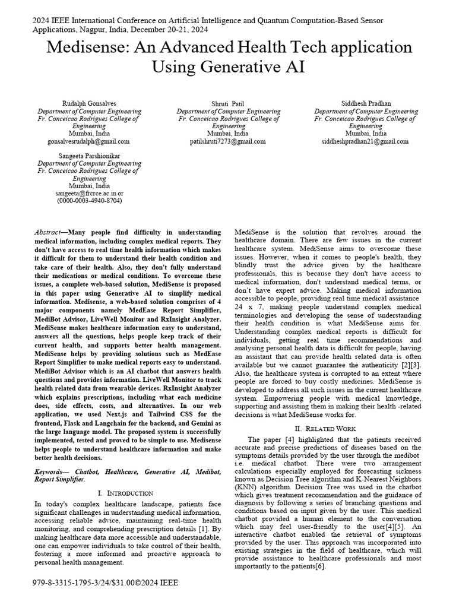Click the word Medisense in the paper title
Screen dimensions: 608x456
click(x=92, y=47)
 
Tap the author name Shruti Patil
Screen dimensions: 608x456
click(x=228, y=103)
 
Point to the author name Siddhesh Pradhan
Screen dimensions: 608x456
click(x=366, y=103)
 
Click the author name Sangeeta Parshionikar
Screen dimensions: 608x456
click(x=89, y=155)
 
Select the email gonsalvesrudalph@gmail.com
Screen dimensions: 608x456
click(x=89, y=142)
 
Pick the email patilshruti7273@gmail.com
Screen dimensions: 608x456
click(x=228, y=142)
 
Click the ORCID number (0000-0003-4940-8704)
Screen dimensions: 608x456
click(x=89, y=201)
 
